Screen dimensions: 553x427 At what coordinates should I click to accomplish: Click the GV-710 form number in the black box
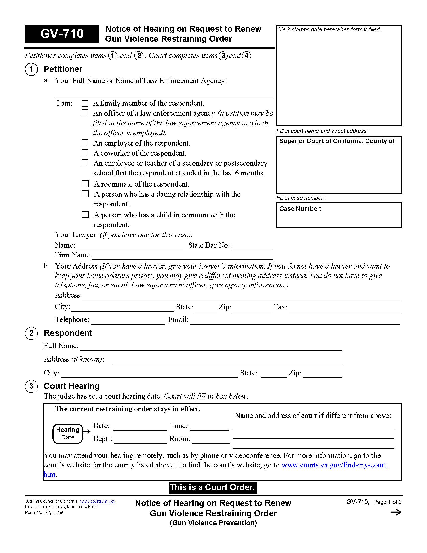point(62,34)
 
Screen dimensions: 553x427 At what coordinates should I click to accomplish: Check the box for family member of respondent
point(85,103)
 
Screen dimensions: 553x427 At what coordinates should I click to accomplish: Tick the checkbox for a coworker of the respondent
point(85,153)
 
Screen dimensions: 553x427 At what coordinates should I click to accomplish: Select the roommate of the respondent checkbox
point(85,183)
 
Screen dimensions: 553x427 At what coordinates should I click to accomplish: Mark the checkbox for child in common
point(85,215)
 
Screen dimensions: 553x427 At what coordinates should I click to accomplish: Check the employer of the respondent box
point(85,143)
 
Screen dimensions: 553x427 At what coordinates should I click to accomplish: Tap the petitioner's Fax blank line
point(345,309)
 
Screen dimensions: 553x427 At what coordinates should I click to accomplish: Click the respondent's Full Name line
point(211,348)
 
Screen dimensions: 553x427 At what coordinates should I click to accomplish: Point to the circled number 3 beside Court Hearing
point(31,386)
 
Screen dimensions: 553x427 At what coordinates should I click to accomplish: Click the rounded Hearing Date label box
point(68,434)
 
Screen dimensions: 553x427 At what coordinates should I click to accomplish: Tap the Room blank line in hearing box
point(211,441)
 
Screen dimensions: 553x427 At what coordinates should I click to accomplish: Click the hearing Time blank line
point(209,427)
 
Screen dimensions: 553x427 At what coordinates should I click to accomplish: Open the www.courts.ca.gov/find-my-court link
point(334,465)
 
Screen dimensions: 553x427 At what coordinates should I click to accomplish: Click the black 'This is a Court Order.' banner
point(213,487)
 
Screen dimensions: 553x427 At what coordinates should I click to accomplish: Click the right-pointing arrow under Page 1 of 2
point(396,512)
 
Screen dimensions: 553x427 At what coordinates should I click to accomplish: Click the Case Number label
point(300,209)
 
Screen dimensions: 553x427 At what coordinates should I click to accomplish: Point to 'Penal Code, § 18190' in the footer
point(44,513)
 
